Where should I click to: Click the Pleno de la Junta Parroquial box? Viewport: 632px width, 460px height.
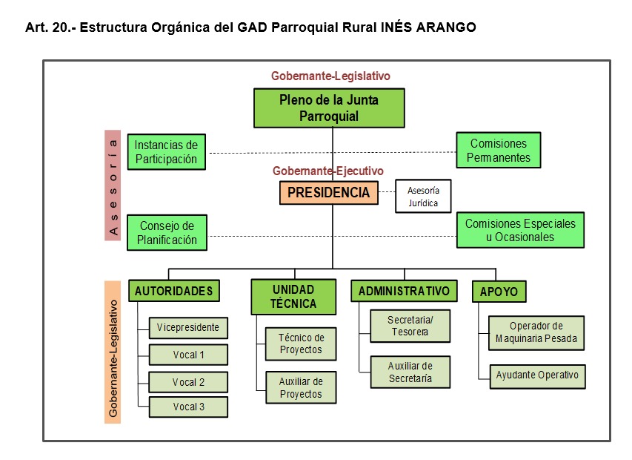point(329,108)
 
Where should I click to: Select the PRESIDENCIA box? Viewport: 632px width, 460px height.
point(328,193)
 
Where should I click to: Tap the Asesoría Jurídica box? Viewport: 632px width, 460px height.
point(423,197)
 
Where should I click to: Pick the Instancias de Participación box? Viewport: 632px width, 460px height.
point(166,152)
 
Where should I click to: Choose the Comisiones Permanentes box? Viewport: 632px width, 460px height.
point(499,151)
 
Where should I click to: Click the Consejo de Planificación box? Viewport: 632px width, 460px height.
point(167,232)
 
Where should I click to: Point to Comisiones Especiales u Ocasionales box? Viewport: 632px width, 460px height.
point(519,230)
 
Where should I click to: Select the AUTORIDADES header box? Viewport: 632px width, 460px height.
point(174,291)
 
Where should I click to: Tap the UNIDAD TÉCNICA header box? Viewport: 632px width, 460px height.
point(293,296)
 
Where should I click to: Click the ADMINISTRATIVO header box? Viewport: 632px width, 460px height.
point(404,291)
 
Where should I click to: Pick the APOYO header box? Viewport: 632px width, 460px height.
point(499,292)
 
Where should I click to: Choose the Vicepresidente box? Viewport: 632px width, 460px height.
point(188,327)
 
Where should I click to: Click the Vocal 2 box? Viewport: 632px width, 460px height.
point(188,382)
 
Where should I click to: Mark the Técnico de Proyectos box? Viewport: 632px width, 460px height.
point(301,344)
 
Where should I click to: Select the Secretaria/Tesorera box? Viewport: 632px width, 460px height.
point(410,326)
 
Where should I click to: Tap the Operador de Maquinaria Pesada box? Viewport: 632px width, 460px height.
point(536,332)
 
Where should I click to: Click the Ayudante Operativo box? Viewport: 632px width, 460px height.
point(537,375)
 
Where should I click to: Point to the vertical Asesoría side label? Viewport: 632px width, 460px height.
point(113,185)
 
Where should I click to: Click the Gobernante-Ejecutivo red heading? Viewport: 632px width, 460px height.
point(328,171)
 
